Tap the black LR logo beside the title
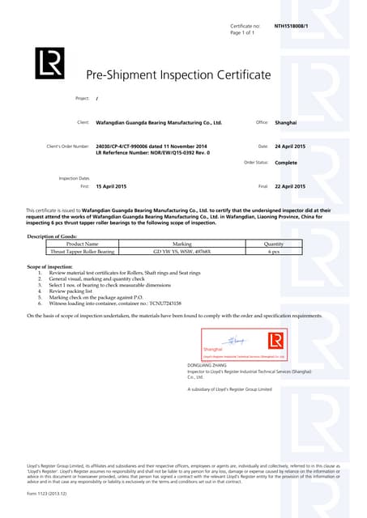pos(49,63)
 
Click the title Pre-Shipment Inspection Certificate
pos(178,75)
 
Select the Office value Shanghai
pos(286,122)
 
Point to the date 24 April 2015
pos(290,146)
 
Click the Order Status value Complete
pos(286,162)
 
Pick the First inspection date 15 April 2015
pos(111,186)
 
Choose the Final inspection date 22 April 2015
pos(290,186)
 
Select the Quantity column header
pos(274,243)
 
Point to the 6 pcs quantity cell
pos(274,251)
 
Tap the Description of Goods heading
pos(53,236)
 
